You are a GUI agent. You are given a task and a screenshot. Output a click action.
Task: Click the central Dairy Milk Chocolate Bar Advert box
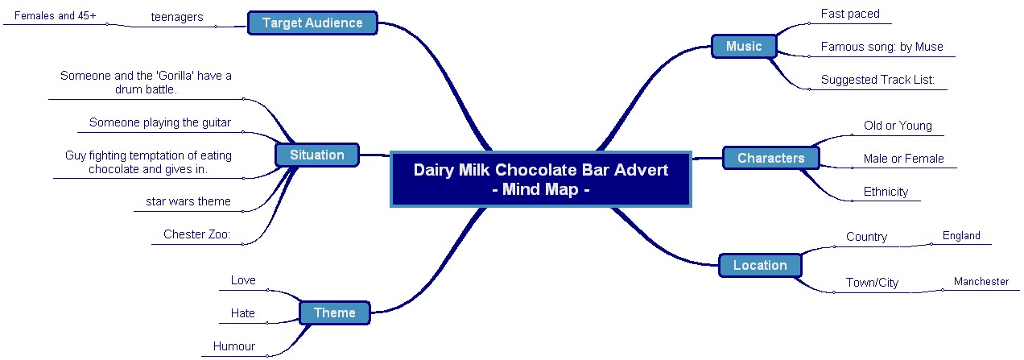tap(540, 180)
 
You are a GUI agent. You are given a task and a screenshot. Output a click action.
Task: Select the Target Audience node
tap(312, 23)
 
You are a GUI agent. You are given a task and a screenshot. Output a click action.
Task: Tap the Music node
tap(743, 46)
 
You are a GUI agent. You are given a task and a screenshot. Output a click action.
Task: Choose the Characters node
tap(770, 158)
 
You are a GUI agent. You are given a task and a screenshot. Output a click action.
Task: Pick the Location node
tap(759, 265)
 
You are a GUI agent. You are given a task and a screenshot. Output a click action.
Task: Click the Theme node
tap(334, 312)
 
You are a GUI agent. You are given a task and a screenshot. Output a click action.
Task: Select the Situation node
tap(316, 155)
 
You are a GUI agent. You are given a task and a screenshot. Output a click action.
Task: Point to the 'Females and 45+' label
tap(56, 15)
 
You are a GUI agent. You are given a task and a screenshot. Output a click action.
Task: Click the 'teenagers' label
tap(177, 17)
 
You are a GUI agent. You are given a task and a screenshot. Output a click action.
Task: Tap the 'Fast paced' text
tap(850, 14)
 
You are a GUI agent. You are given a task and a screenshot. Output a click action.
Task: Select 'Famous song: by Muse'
tap(882, 47)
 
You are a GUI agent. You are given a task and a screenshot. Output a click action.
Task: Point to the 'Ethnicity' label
tap(886, 192)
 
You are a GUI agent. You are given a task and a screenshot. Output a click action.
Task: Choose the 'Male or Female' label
tap(903, 159)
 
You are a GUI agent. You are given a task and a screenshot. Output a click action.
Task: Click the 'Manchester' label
tap(981, 282)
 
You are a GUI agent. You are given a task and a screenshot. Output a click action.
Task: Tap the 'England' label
tap(961, 236)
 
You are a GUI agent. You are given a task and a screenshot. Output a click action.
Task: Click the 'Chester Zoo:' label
tap(197, 234)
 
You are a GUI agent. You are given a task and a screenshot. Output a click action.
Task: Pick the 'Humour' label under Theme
tap(234, 346)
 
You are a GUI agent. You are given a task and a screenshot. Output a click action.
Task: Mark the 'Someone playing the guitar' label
tap(160, 122)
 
